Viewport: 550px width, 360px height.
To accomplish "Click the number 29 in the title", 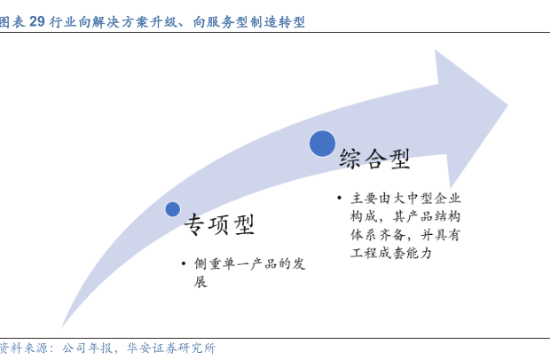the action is (x=37, y=22).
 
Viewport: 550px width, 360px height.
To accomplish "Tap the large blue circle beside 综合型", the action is (x=322, y=144).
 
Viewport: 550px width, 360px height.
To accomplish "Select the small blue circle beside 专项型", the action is (x=173, y=209).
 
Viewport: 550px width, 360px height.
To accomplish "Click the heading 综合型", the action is (x=374, y=159).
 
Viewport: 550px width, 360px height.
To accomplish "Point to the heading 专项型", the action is (x=219, y=224).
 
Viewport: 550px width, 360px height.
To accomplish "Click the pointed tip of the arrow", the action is (x=507, y=105).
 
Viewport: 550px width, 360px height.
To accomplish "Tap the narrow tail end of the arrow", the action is (x=62, y=326).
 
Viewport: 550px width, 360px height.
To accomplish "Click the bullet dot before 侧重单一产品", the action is (x=184, y=263).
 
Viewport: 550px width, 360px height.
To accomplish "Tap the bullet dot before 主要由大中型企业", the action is (x=339, y=198).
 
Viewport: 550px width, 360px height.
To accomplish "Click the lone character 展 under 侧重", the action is (x=200, y=281).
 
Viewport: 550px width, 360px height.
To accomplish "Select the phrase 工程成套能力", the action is (x=391, y=253).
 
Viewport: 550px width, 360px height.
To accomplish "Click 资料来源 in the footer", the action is (x=23, y=348).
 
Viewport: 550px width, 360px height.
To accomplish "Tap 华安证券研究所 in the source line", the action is (x=171, y=348).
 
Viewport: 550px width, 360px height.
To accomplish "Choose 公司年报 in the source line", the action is (x=87, y=348).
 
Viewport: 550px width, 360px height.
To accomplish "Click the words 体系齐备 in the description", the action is (x=377, y=234).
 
